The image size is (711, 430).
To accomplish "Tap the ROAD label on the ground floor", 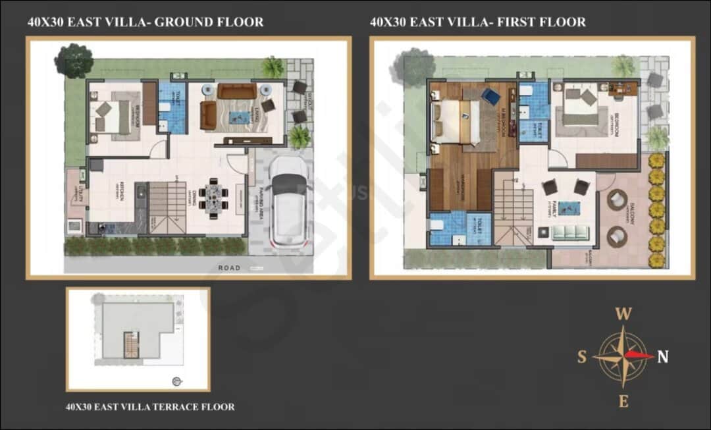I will pyautogui.click(x=230, y=267).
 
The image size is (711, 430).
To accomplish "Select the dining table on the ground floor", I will pyautogui.click(x=213, y=196).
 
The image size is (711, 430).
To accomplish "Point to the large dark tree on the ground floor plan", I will pyautogui.click(x=73, y=60).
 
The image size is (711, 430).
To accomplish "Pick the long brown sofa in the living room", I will pyautogui.click(x=237, y=91).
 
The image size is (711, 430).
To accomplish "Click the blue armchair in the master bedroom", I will pyautogui.click(x=490, y=96).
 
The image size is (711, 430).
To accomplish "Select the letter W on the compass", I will pyautogui.click(x=623, y=315).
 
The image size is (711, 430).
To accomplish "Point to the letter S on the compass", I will pyautogui.click(x=582, y=357).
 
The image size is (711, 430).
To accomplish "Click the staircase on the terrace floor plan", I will pyautogui.click(x=132, y=344).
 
